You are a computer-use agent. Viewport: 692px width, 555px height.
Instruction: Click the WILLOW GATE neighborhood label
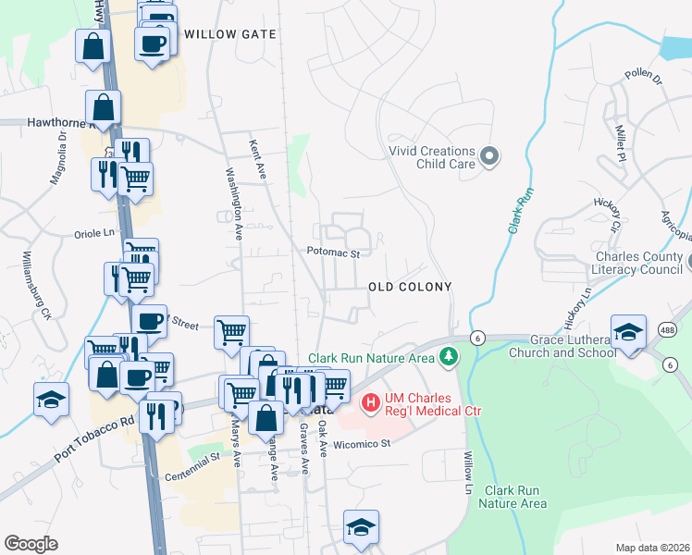(x=230, y=34)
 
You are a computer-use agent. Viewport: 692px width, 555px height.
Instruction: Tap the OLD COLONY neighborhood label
(x=410, y=287)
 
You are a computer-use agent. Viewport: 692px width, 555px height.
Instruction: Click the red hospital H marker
(x=371, y=402)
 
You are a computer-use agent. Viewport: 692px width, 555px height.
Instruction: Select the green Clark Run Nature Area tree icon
(x=449, y=357)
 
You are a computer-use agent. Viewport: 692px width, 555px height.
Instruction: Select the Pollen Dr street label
(x=644, y=75)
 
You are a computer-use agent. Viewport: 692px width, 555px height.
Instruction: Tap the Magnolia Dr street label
(x=57, y=158)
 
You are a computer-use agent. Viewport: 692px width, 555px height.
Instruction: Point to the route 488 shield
(x=667, y=329)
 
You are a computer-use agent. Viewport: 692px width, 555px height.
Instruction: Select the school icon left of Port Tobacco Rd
(x=52, y=398)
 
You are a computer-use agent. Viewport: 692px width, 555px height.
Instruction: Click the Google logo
(x=31, y=543)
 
